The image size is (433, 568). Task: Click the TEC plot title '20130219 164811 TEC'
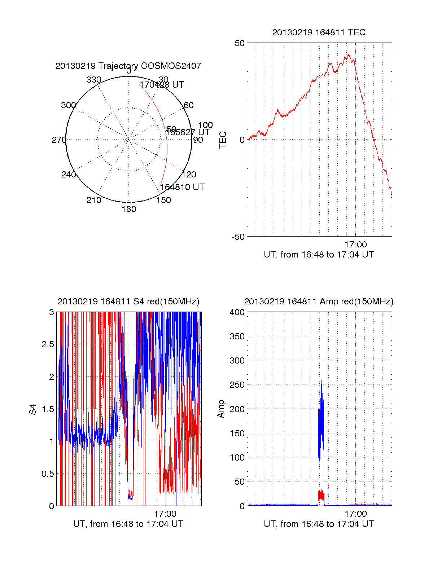coord(319,32)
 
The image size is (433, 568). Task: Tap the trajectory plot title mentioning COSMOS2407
coord(128,66)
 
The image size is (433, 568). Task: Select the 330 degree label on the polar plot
coord(94,80)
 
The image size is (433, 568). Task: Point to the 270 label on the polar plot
coord(59,140)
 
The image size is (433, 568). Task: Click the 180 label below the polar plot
coord(129,209)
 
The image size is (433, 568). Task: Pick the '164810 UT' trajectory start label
coord(182,187)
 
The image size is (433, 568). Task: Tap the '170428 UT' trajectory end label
coord(162,85)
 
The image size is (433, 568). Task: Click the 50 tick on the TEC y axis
coord(240,43)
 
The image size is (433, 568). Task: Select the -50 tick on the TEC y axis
coord(238,237)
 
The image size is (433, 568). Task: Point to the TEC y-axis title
coord(223,140)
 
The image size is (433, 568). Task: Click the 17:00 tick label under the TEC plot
coord(355,245)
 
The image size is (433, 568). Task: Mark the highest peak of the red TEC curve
coord(349,55)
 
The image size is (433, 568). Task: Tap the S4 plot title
coord(128,301)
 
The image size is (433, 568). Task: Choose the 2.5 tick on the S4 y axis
coord(48,344)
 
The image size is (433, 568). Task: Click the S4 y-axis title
coord(33,409)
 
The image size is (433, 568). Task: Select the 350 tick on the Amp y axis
coord(237,336)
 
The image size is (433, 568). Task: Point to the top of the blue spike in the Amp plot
coord(321,380)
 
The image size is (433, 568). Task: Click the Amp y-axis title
coord(221,409)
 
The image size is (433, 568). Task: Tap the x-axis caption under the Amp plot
coord(319,524)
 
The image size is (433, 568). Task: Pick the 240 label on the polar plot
coord(69,175)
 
